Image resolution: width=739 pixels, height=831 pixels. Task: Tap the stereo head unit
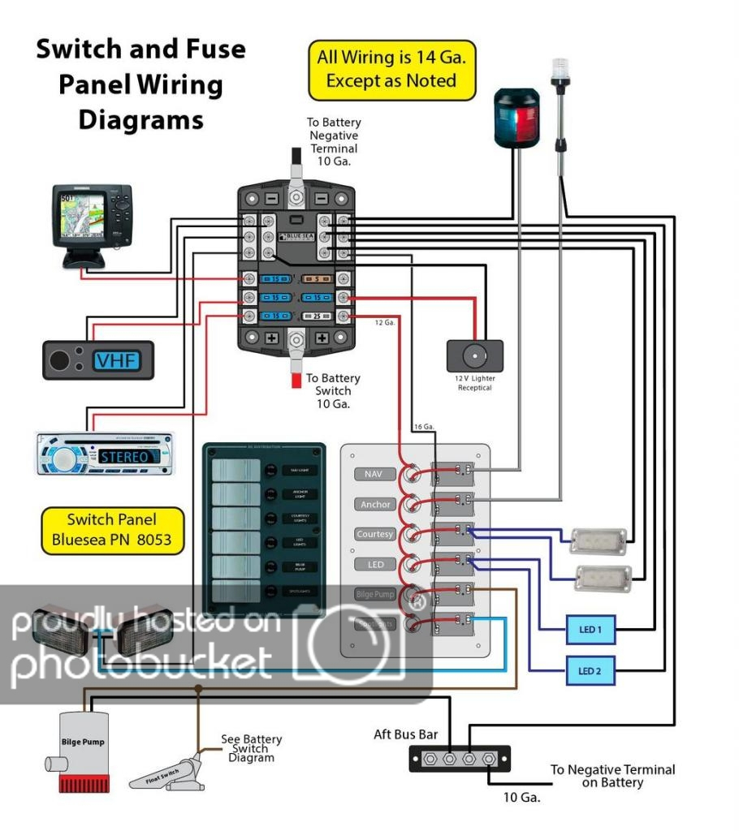coord(105,454)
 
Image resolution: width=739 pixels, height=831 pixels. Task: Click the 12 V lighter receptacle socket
coord(475,355)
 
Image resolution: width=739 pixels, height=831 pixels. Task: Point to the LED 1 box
coord(590,629)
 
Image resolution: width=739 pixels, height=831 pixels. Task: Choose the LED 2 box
coord(590,670)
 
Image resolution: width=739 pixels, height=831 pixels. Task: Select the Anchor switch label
coord(375,504)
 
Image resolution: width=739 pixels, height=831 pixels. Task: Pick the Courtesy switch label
coord(375,534)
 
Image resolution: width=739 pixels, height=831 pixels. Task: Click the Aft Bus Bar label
coord(405,734)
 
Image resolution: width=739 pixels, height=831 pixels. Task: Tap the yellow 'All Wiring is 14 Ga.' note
coord(391,69)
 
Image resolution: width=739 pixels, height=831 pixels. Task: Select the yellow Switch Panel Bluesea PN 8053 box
coord(111,529)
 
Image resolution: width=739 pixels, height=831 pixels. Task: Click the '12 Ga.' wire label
coord(385,322)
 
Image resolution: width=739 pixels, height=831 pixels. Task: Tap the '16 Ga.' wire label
coord(425,427)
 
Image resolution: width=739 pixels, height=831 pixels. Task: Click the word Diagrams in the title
coord(140,120)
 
